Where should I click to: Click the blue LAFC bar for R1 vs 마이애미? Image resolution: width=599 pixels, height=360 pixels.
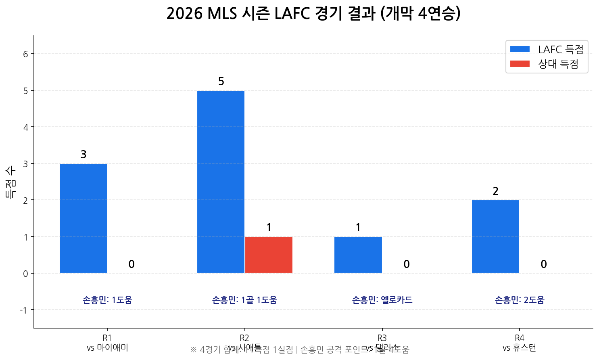83,218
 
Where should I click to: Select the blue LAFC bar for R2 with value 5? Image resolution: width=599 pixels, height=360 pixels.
221,182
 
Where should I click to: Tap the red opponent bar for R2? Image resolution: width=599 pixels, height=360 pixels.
269,255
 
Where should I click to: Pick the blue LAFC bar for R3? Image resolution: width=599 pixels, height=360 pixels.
358,255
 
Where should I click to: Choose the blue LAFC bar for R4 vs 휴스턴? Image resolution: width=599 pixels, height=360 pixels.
495,237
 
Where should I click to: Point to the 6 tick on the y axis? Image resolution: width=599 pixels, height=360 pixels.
26,54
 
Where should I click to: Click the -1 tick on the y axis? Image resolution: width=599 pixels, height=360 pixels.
24,310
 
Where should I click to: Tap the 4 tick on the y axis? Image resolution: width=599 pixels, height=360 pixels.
26,128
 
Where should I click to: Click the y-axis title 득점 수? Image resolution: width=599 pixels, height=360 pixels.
11,182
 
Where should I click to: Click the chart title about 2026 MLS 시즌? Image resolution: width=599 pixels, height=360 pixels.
313,14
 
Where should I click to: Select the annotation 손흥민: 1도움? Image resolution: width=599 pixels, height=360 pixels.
107,300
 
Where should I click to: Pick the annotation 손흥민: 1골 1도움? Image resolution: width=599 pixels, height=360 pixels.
244,300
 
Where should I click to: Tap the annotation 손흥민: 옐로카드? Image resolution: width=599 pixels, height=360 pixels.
382,300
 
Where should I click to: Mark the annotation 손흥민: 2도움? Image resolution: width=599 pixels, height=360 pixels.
520,300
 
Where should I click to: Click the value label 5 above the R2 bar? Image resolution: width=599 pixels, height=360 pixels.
221,82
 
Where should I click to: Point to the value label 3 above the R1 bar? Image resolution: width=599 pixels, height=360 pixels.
83,155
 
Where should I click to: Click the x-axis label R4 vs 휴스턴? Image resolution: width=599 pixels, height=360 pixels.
520,343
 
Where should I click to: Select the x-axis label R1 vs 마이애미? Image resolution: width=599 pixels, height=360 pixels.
107,343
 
